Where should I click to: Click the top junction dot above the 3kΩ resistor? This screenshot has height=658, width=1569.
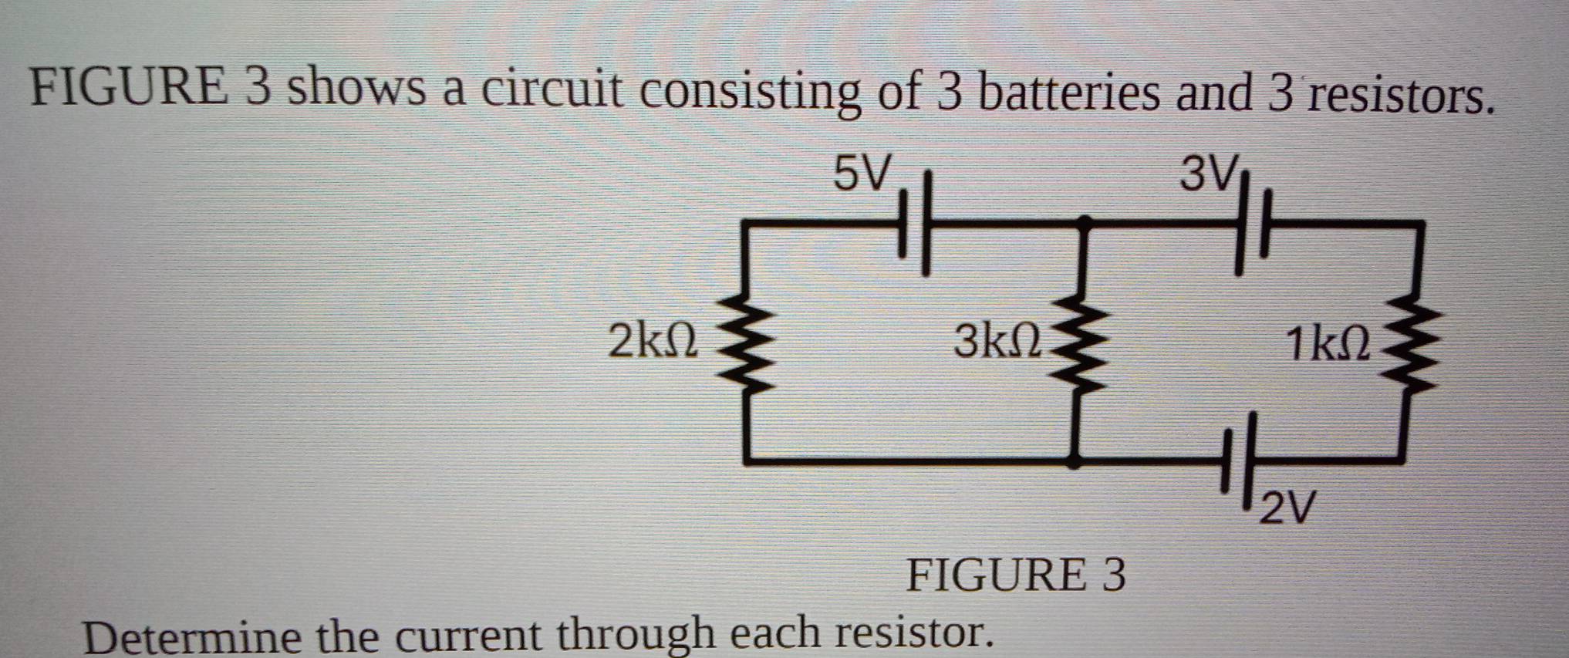[x=1084, y=224]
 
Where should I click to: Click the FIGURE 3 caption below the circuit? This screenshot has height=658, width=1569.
[x=1015, y=575]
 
